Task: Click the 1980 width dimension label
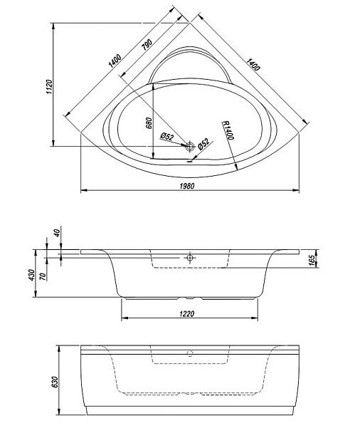186,186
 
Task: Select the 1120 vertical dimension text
50,87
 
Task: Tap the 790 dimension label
147,45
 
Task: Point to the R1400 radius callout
228,130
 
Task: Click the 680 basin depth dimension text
149,123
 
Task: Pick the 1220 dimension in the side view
186,314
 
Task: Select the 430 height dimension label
32,275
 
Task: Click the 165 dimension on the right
312,261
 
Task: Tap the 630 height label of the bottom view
55,382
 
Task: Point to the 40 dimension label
57,233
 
